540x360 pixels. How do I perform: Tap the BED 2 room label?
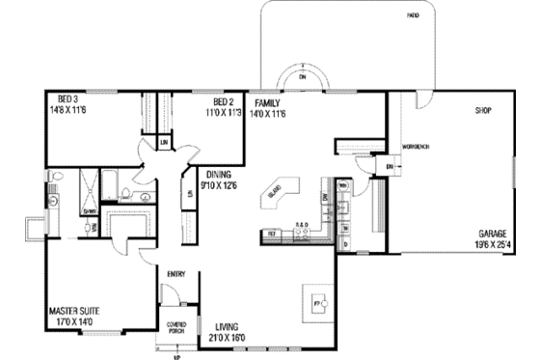pos(224,101)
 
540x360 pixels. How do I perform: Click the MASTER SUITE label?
pos(77,312)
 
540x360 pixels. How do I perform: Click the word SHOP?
pos(482,110)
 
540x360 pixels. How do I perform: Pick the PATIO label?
pos(413,16)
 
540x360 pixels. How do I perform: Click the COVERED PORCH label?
pos(176,327)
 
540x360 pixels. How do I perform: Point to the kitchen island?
pos(278,193)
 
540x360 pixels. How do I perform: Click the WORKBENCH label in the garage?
pos(415,147)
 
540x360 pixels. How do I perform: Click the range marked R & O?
pos(301,226)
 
